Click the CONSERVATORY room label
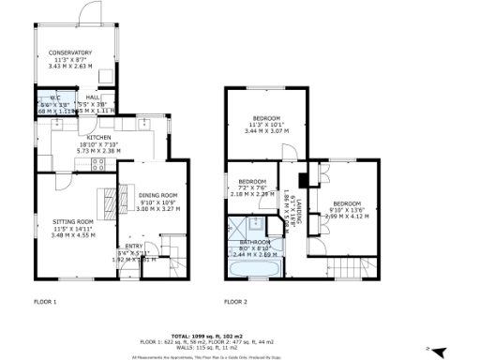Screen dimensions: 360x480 (70, 53)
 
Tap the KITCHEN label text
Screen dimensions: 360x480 (99, 137)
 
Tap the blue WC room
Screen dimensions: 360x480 (48, 104)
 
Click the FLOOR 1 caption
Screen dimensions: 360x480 (45, 303)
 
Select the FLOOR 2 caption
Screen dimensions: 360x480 (235, 303)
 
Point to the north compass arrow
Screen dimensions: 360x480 (430, 349)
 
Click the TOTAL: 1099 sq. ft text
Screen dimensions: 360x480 (239, 335)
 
